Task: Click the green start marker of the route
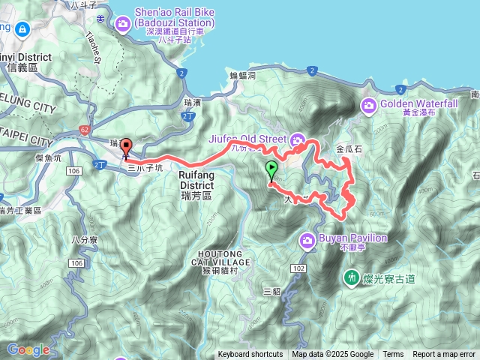[x=271, y=169]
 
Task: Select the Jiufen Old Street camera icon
[x=298, y=139]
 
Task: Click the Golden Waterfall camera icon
[x=368, y=105]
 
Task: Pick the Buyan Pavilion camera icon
[x=307, y=239]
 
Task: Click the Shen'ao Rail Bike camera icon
[x=122, y=26]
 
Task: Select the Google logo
[x=28, y=349]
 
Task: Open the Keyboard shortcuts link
[x=250, y=355]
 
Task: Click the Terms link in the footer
[x=393, y=355]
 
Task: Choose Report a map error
[x=444, y=355]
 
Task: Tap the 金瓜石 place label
[x=349, y=149]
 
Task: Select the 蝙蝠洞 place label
[x=242, y=76]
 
